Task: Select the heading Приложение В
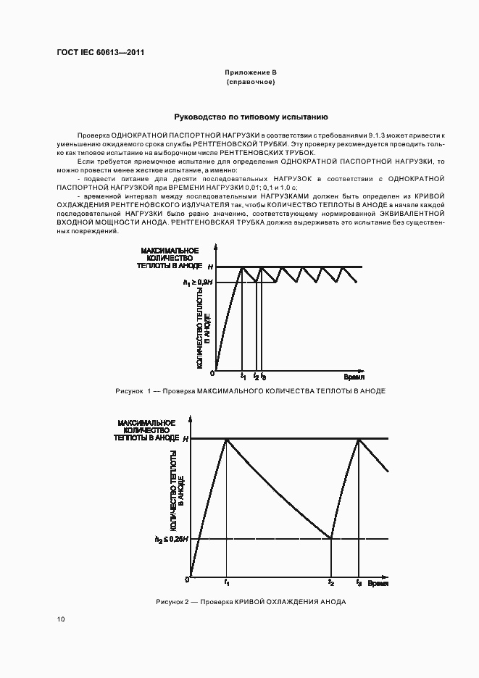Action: (250, 74)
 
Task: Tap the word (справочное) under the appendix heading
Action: (250, 83)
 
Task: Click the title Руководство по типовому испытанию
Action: (250, 116)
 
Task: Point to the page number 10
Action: (60, 619)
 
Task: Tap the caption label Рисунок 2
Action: (172, 603)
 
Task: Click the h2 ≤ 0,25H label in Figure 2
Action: (172, 539)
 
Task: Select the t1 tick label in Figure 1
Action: (243, 377)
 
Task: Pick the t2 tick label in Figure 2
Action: (331, 583)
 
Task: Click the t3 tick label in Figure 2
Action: (358, 583)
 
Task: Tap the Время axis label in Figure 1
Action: (354, 377)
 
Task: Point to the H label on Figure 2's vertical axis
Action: (185, 439)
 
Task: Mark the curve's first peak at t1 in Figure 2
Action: (227, 439)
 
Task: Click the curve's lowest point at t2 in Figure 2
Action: (331, 538)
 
